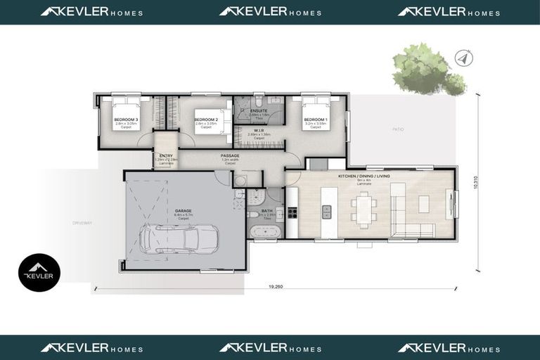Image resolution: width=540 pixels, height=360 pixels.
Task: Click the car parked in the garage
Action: [172, 239]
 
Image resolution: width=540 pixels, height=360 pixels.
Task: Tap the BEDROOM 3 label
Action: [126, 120]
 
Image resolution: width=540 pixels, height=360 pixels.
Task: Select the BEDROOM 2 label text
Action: [205, 120]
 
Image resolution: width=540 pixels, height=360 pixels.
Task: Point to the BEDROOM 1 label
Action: [315, 120]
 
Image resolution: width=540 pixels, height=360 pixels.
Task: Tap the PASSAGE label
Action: [230, 155]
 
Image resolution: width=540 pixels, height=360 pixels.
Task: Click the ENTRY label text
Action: [166, 155]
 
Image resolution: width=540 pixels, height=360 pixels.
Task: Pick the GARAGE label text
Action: [183, 210]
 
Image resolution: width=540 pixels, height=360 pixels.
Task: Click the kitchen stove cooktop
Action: [292, 211]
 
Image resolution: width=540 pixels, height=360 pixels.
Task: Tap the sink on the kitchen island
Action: [326, 209]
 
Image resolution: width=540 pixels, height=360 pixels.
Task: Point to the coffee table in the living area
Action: [423, 204]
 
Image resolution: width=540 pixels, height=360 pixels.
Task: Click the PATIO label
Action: [398, 130]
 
